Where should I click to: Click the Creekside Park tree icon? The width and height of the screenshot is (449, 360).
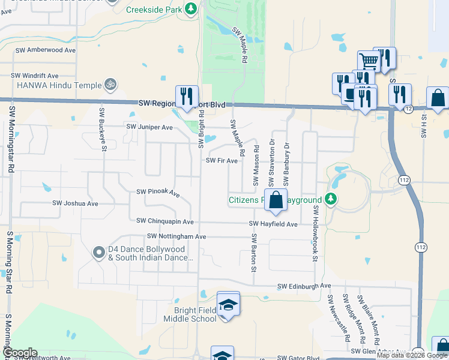[x=190, y=8]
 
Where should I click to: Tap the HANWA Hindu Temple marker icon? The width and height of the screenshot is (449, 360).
[x=109, y=85]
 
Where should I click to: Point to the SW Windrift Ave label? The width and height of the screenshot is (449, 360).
[x=35, y=76]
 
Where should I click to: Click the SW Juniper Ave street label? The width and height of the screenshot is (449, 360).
[x=149, y=127]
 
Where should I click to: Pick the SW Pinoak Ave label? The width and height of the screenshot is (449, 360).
[x=158, y=193]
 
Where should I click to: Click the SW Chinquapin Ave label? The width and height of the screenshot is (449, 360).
[x=165, y=221]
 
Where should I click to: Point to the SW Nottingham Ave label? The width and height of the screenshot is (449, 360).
[x=176, y=237]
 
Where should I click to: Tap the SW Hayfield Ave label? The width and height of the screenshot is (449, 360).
[x=274, y=224]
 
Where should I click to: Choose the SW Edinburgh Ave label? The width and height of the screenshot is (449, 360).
[x=304, y=287]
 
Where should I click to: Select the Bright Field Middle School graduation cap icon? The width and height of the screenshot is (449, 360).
[x=228, y=305]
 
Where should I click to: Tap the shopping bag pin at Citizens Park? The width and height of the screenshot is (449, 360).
[x=276, y=200]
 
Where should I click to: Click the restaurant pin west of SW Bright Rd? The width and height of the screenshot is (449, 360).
[x=186, y=96]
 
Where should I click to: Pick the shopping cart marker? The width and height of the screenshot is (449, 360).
[x=369, y=60]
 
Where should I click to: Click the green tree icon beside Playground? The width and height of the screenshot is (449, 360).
[x=330, y=199]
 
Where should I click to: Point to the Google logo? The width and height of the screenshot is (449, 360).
[x=20, y=353]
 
